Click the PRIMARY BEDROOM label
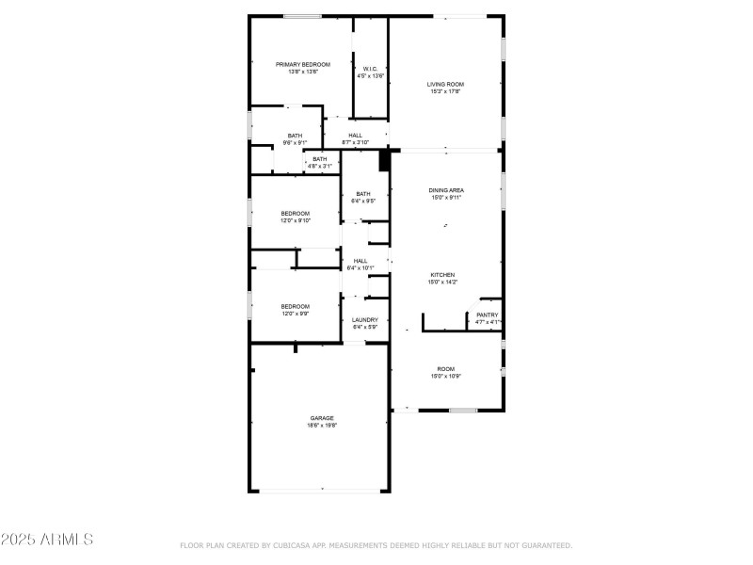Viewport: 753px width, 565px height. (x=303, y=64)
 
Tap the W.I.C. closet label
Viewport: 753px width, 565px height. (x=370, y=69)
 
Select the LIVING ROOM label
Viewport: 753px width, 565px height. (x=445, y=84)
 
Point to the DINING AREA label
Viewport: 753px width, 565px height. (x=446, y=190)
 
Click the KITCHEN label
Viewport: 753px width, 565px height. (x=442, y=275)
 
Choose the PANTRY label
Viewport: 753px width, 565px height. (x=487, y=315)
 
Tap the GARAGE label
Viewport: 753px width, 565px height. (x=322, y=418)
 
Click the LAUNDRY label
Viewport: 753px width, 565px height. (x=364, y=320)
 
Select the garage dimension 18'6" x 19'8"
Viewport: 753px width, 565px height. (x=322, y=426)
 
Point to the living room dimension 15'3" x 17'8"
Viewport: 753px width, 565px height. (x=445, y=92)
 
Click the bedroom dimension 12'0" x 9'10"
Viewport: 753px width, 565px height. (x=295, y=221)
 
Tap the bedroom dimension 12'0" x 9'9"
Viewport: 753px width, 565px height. (x=295, y=314)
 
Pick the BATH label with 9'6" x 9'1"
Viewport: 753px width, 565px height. (x=295, y=136)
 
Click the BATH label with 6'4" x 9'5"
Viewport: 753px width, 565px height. (x=363, y=194)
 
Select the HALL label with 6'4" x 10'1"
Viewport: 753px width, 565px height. (x=360, y=260)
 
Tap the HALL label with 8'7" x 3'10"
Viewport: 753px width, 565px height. (x=355, y=136)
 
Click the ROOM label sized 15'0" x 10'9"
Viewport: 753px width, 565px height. (x=445, y=368)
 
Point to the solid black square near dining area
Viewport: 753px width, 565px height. (x=384, y=161)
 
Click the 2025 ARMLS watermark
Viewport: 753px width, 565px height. (x=47, y=540)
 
